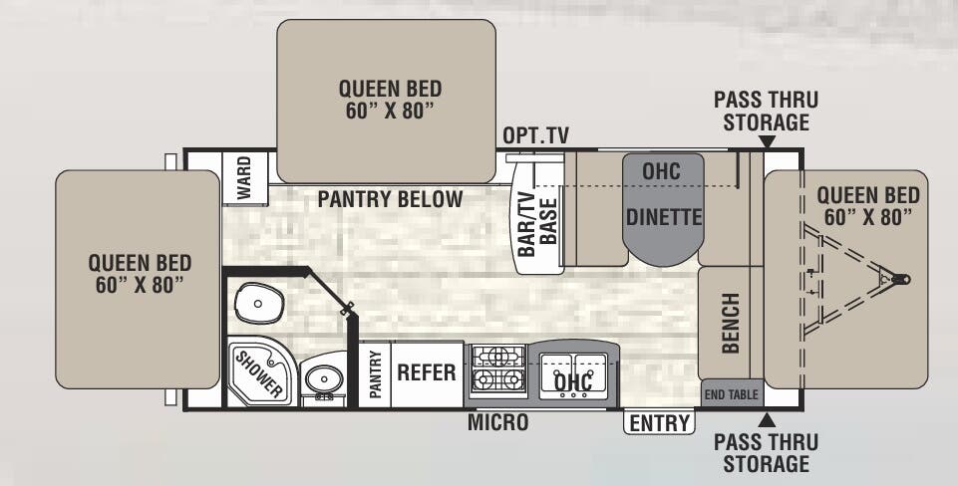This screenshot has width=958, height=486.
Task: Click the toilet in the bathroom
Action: [258, 300]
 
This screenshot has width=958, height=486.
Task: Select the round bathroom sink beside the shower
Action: [322, 379]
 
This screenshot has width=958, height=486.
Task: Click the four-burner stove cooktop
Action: [496, 368]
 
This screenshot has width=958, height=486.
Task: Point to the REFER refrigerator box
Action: [427, 373]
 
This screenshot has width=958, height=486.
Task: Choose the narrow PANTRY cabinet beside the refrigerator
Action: [376, 374]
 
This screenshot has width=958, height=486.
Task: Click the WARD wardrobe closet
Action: [244, 178]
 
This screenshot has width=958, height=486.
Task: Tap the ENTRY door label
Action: [659, 423]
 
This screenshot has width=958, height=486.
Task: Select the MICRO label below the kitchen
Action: [498, 423]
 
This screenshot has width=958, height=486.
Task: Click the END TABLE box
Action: [730, 394]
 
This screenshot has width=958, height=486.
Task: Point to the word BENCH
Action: [731, 323]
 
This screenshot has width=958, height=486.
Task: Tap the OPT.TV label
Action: [535, 135]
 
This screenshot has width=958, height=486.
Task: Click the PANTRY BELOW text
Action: [390, 199]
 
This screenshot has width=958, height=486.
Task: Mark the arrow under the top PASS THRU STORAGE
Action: [766, 142]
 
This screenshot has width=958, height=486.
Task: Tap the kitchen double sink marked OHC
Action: [573, 375]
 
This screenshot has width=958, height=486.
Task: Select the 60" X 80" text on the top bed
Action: [387, 110]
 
